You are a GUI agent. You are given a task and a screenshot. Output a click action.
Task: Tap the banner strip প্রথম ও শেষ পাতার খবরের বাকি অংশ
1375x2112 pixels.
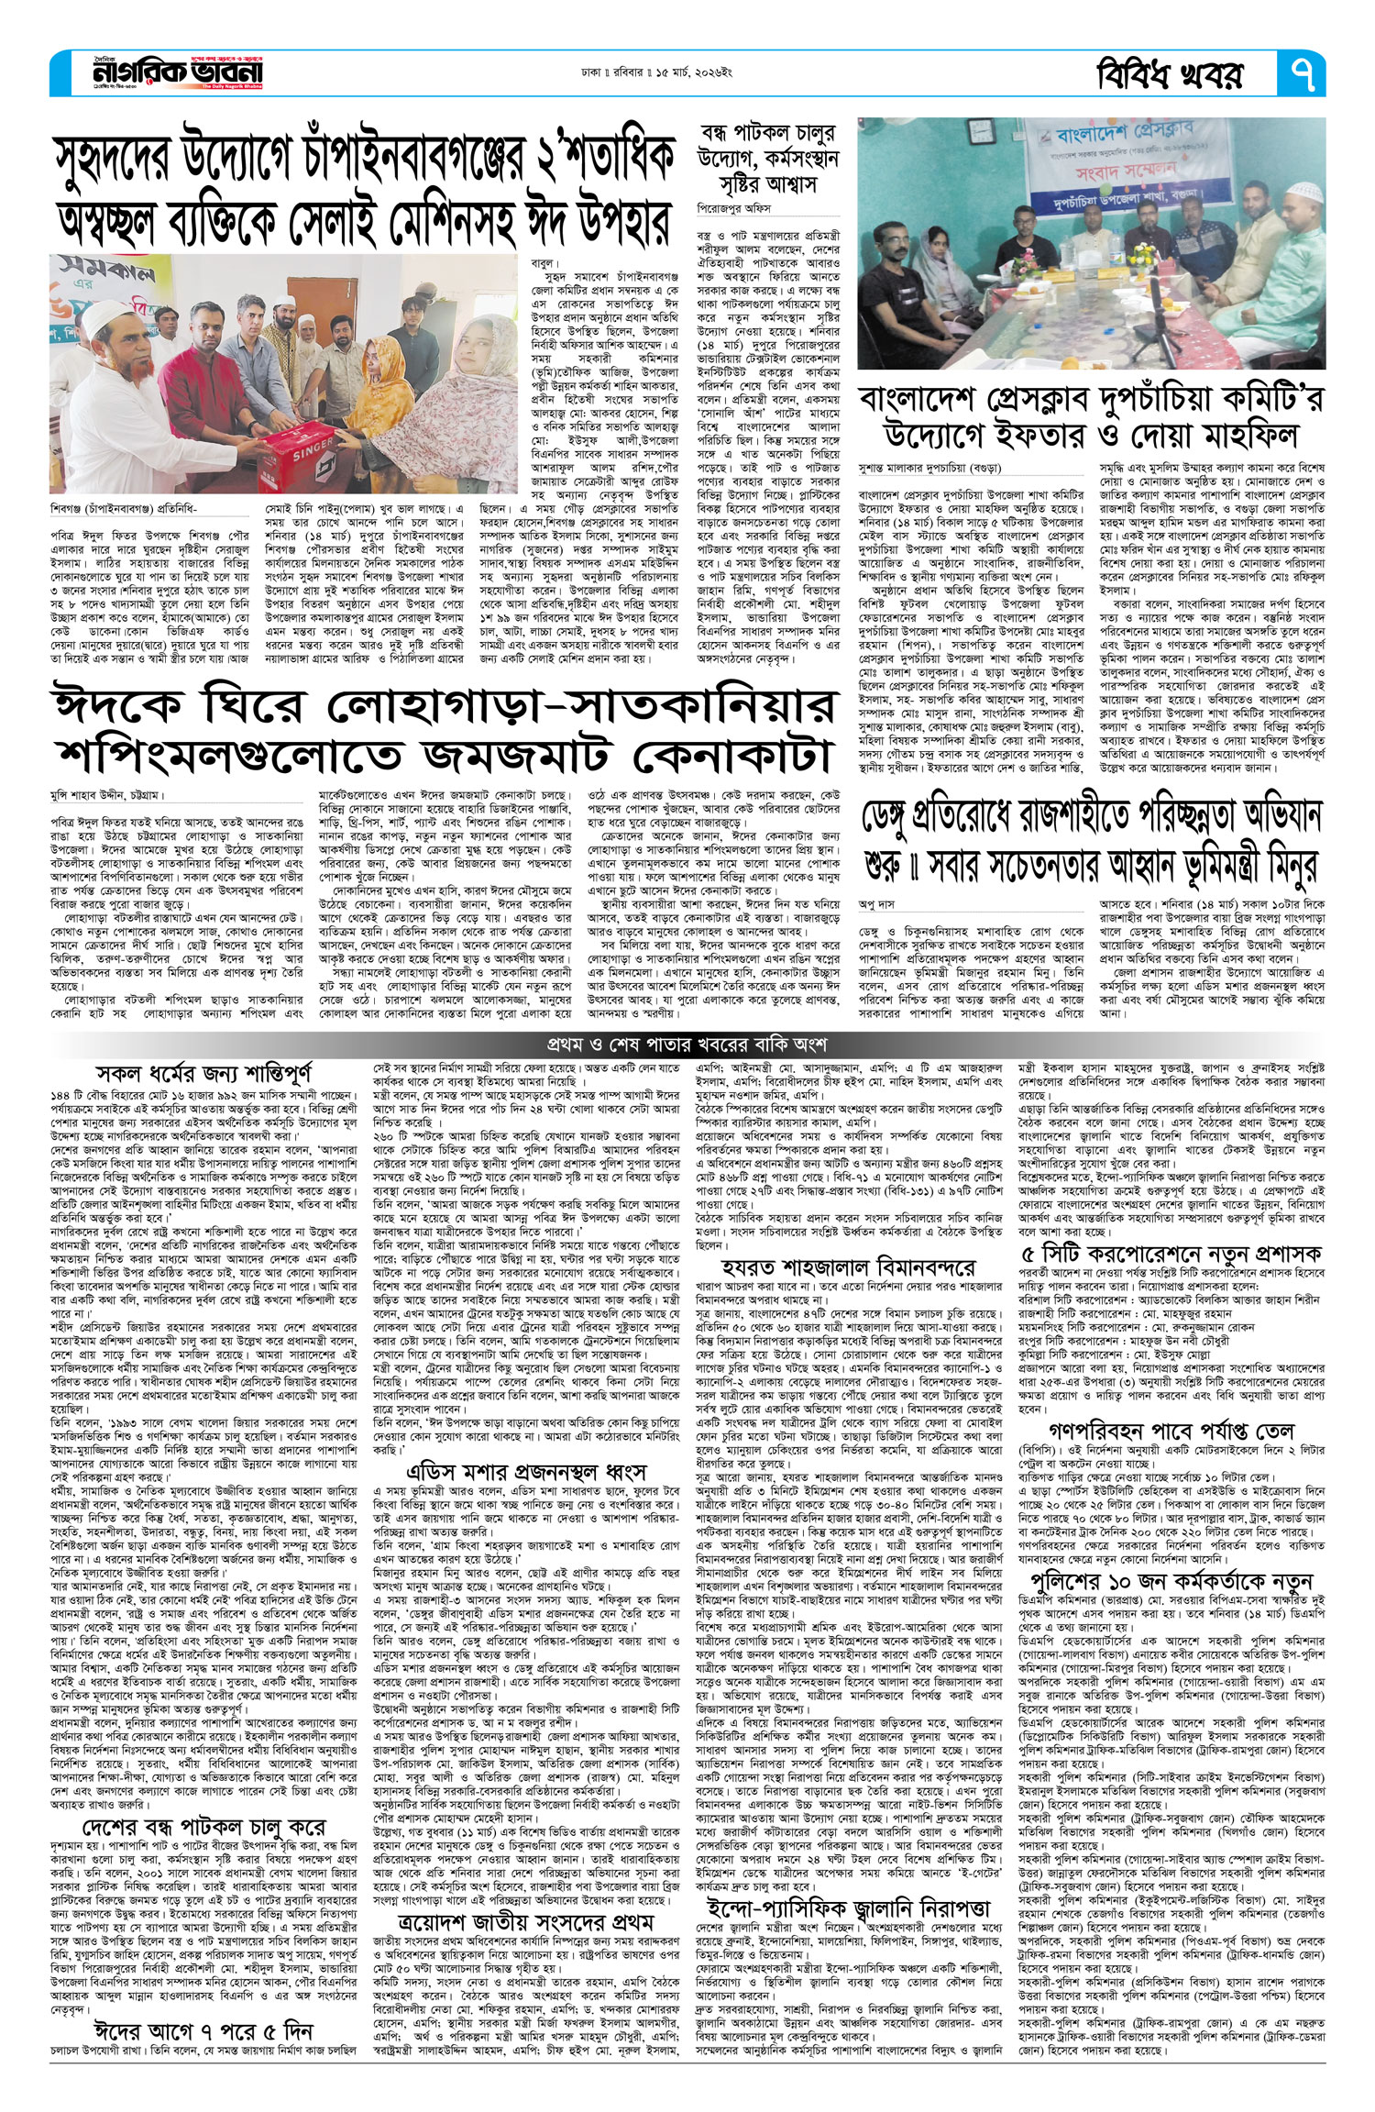[687, 1045]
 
